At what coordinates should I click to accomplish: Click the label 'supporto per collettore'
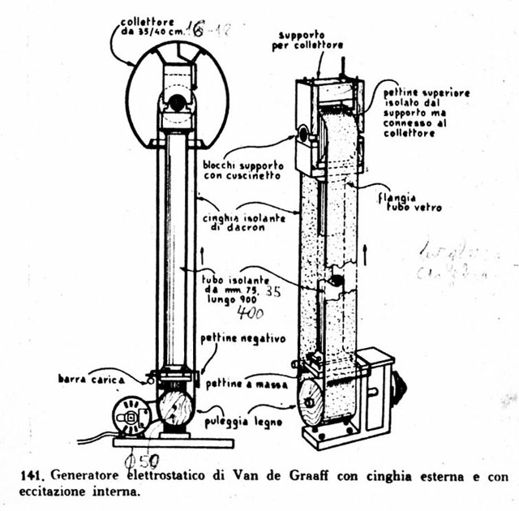(x=301, y=40)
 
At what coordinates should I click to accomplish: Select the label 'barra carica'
(x=89, y=378)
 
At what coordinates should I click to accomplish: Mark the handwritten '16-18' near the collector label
(x=210, y=31)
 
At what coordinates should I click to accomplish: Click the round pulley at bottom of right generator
(x=307, y=404)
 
